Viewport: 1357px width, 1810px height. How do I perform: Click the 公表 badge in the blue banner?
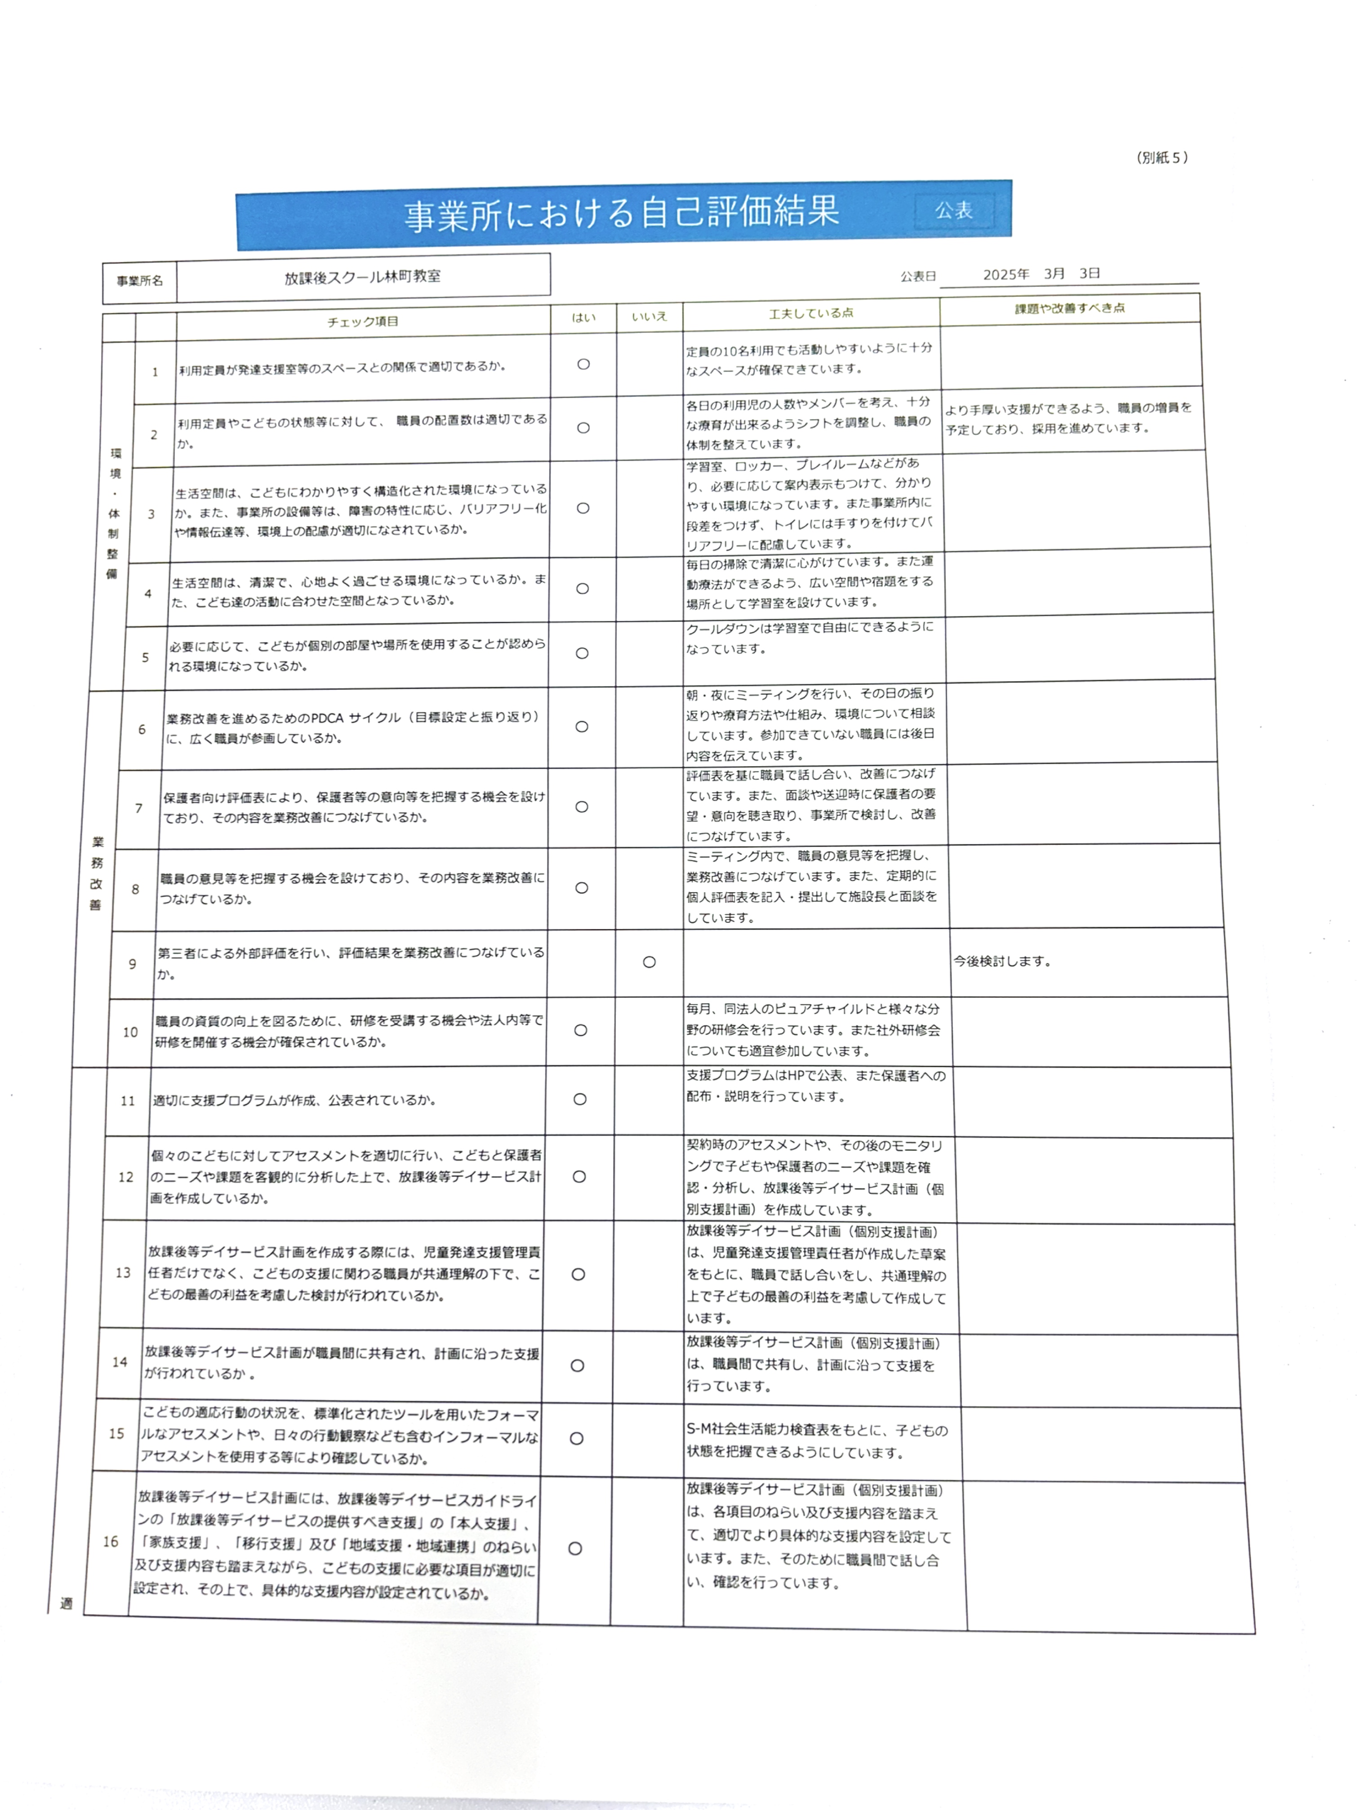[x=954, y=211]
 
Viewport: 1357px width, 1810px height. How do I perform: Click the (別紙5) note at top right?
[x=1161, y=158]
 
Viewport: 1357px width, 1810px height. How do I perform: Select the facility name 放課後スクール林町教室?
[x=362, y=277]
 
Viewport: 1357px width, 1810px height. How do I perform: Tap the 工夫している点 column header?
[x=810, y=313]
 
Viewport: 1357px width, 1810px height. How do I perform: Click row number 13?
[x=123, y=1273]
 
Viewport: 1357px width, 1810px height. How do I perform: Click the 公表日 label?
[x=918, y=277]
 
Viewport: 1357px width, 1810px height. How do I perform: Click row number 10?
[x=130, y=1032]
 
